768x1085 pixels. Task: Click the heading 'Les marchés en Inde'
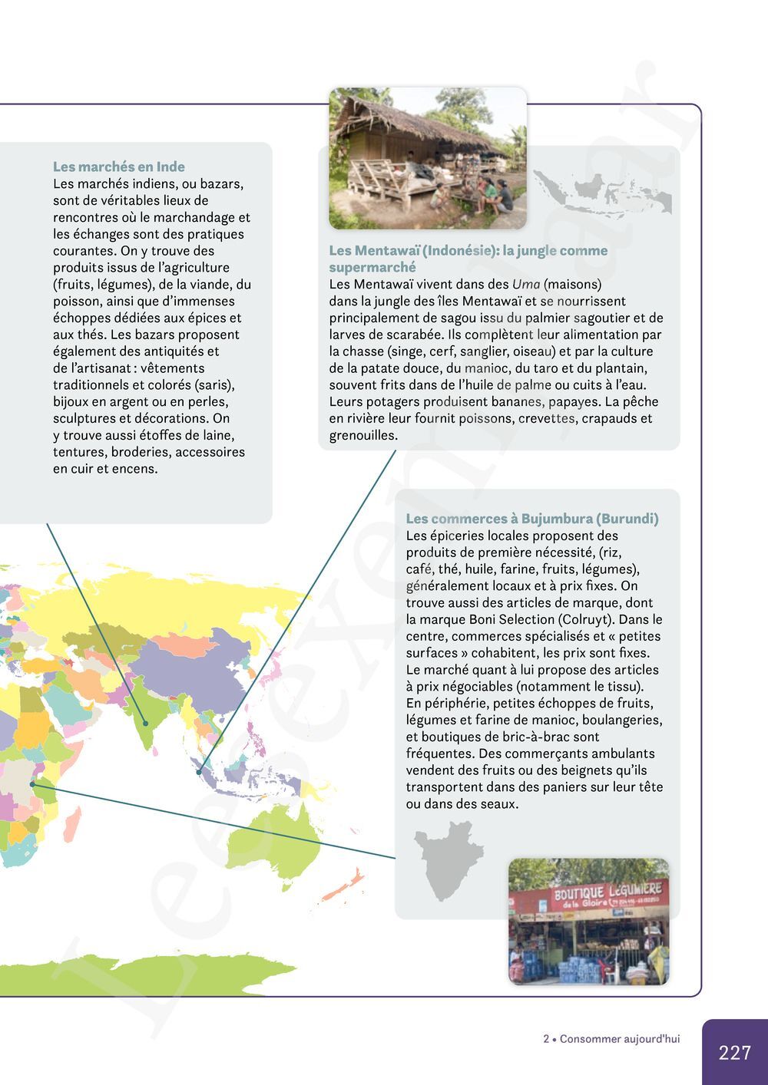[118, 167]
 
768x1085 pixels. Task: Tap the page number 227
[734, 1052]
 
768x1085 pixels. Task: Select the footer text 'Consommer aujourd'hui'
[619, 1039]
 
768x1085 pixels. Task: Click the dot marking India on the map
[145, 723]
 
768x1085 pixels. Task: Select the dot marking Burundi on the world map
[32, 783]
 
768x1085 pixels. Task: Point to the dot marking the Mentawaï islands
[199, 772]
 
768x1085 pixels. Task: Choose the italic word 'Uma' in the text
[526, 285]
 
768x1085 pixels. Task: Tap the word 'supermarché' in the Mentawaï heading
[372, 268]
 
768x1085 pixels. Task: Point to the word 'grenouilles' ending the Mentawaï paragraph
[362, 435]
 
